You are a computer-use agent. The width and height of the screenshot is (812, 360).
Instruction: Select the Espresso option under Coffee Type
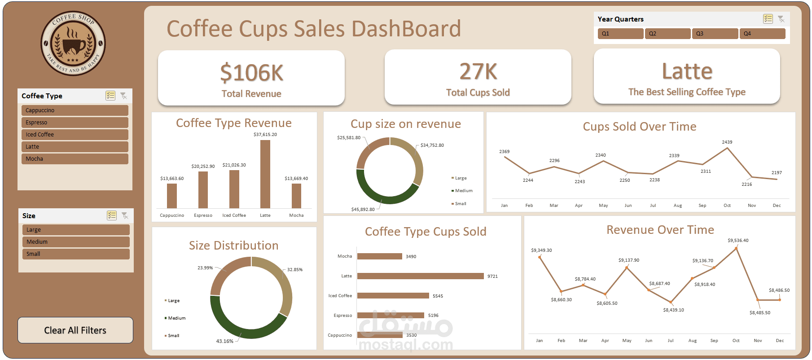pyautogui.click(x=75, y=123)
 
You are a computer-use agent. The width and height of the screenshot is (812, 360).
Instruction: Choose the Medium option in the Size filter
pyautogui.click(x=75, y=242)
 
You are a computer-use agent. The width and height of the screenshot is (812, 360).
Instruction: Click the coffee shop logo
pyautogui.click(x=73, y=44)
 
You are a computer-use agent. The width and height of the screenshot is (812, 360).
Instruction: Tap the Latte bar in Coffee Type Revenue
pyautogui.click(x=265, y=174)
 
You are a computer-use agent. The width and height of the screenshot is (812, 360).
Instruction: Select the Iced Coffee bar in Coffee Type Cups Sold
pyautogui.click(x=393, y=296)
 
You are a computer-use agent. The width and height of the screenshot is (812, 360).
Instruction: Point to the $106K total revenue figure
pyautogui.click(x=251, y=73)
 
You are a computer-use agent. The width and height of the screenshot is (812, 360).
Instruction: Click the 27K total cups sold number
pyautogui.click(x=478, y=72)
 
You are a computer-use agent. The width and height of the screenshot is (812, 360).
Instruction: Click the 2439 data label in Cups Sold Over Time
pyautogui.click(x=727, y=142)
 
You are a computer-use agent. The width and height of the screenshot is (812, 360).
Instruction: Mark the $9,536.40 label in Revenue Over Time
pyautogui.click(x=738, y=241)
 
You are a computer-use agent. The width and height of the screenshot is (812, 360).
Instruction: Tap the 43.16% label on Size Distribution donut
pyautogui.click(x=225, y=341)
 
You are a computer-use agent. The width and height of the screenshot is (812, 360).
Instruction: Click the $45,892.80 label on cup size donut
pyautogui.click(x=363, y=210)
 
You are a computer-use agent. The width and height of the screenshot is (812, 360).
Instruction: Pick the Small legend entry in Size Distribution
pyautogui.click(x=173, y=336)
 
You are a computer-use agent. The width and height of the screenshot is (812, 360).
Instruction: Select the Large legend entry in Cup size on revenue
pyautogui.click(x=460, y=178)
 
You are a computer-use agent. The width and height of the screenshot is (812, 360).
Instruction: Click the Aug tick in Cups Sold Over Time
pyautogui.click(x=677, y=206)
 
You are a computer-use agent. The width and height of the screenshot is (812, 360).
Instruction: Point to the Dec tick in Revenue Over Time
pyautogui.click(x=780, y=341)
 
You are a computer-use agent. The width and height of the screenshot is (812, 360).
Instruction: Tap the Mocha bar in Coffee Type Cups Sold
pyautogui.click(x=379, y=256)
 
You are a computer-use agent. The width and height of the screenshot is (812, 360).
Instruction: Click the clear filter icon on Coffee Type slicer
pyautogui.click(x=123, y=96)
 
